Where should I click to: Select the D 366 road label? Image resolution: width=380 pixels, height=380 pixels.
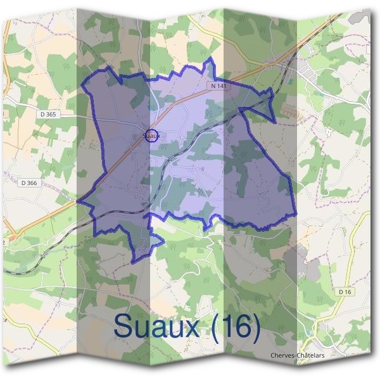pos(29,183)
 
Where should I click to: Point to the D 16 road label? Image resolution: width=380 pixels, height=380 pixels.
pos(345,291)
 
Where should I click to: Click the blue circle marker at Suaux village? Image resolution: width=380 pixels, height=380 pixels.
pos(151,135)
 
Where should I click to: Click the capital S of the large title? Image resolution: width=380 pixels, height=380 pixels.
pos(123,327)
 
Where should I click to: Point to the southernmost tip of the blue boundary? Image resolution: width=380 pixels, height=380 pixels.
pos(134,262)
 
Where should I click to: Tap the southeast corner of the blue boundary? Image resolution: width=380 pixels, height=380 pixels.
pos(295,215)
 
